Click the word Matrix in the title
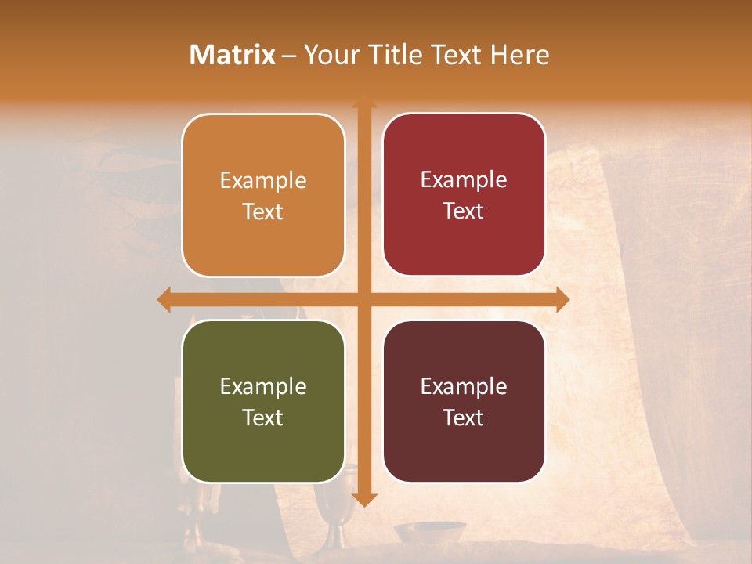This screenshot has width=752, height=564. tap(233, 55)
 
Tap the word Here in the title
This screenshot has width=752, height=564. tap(519, 55)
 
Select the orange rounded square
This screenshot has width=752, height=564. tap(263, 195)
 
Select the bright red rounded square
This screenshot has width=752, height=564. tap(464, 194)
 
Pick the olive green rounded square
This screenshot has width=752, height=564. tap(263, 401)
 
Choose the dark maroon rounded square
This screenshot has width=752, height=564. tap(464, 401)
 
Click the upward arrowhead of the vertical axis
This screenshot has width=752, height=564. tap(363, 103)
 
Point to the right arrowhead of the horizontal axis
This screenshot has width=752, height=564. tap(562, 299)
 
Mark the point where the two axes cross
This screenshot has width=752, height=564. tap(363, 299)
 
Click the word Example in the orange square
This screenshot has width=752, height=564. tap(263, 181)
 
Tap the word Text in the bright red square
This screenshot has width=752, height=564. tap(464, 211)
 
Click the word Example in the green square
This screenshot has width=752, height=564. tap(263, 386)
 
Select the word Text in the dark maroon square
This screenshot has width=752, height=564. tap(464, 418)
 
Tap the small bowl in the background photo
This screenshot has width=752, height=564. tap(418, 533)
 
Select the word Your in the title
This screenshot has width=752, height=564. tap(328, 55)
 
